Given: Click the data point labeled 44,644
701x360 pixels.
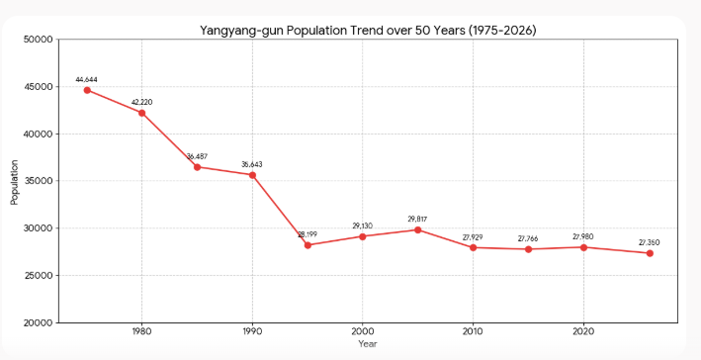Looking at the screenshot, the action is (87, 90).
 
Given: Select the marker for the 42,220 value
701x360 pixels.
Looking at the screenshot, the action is (141, 113).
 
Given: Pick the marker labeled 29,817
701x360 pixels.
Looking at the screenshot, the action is (417, 229).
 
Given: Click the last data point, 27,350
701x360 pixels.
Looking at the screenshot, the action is (650, 253).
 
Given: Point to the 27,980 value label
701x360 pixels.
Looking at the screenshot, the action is (583, 237).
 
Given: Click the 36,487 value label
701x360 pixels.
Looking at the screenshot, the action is (197, 156).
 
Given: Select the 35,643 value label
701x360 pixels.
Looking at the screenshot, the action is (252, 164).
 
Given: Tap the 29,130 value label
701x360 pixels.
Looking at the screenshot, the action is (363, 226).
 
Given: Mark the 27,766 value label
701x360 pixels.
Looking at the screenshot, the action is (528, 239).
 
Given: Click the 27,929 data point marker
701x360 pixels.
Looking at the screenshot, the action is (473, 247).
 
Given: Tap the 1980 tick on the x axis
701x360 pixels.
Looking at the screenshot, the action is (141, 332).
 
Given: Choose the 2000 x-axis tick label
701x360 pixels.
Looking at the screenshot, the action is (363, 332).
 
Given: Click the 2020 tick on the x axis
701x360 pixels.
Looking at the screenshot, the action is (583, 332).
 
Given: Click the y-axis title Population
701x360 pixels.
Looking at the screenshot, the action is (15, 182).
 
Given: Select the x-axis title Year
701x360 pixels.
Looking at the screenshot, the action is (368, 344).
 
